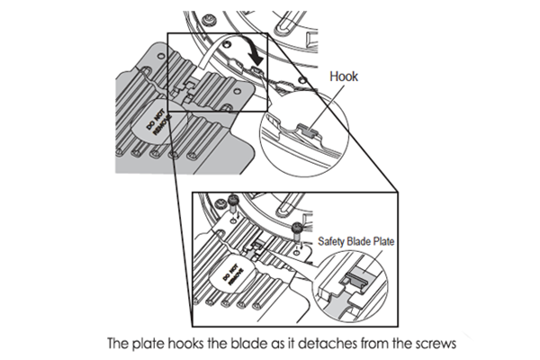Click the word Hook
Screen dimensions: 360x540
tap(345, 77)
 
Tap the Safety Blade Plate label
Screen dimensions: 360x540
tap(357, 240)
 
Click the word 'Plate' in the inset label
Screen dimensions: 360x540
tap(384, 240)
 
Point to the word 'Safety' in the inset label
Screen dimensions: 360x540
tap(331, 240)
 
